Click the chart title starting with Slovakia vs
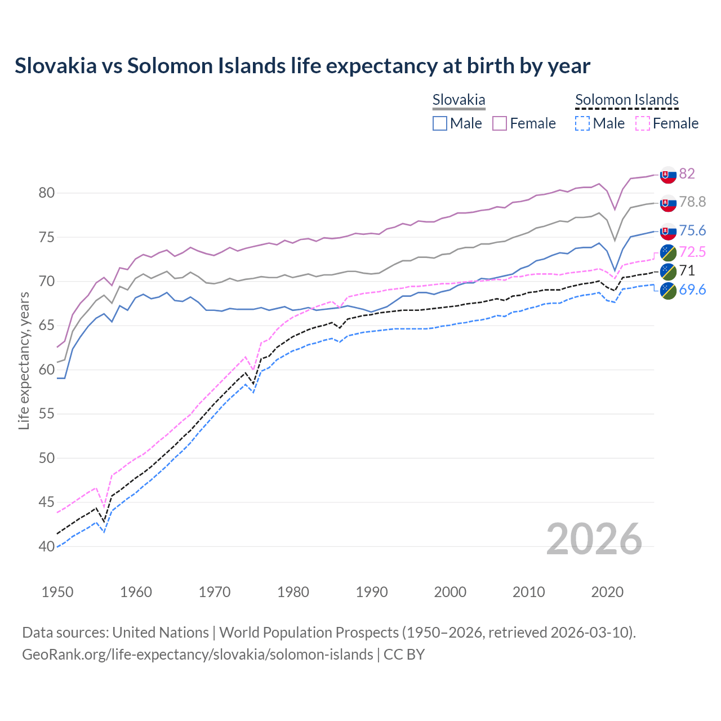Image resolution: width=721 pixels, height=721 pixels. point(302,66)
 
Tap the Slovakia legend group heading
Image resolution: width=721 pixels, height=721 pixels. point(459,100)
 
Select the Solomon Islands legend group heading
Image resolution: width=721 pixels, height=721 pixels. point(626,100)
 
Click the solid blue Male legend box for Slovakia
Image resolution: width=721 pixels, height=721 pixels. point(440,123)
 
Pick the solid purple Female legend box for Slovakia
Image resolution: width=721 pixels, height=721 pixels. point(500,123)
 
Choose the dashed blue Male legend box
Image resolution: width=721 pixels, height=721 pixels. point(582,123)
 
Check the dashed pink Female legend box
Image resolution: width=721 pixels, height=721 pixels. point(642,123)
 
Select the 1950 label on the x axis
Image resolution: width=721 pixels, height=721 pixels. point(57,592)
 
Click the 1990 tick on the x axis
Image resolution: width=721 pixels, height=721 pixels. point(372,592)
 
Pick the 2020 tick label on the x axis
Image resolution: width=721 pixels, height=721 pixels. point(607,592)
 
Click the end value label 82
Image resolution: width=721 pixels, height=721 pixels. point(687,173)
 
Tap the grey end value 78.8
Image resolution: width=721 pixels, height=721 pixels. point(692,202)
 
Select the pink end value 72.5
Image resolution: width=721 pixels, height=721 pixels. point(692,251)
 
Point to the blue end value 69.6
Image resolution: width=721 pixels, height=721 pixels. point(692,290)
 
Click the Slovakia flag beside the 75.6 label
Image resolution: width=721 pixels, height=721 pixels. point(668,231)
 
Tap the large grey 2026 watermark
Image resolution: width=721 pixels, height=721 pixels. point(594,539)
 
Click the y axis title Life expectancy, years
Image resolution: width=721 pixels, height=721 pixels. point(24,360)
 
